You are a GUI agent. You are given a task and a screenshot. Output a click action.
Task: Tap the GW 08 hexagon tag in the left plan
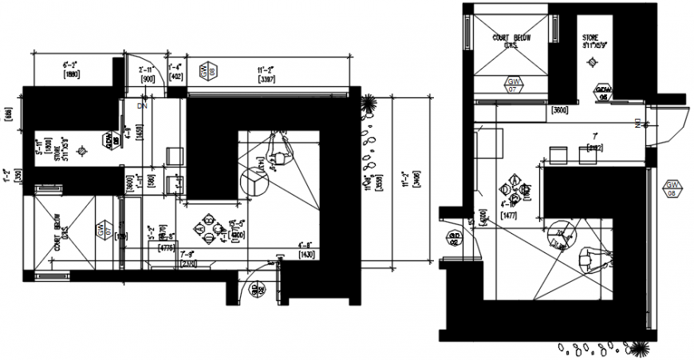(x=207, y=71)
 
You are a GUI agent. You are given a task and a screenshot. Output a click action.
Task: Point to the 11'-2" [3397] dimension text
(x=266, y=73)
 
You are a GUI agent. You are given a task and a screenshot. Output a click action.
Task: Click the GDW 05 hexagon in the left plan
(x=109, y=140)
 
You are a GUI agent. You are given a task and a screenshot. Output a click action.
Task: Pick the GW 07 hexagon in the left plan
(x=101, y=230)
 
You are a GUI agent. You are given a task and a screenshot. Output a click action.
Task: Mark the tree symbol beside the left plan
(x=369, y=103)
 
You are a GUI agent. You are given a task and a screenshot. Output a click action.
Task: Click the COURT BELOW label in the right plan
(x=511, y=40)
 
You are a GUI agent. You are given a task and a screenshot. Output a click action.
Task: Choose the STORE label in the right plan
(x=590, y=41)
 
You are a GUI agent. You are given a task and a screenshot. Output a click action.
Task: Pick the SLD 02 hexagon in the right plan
(x=454, y=239)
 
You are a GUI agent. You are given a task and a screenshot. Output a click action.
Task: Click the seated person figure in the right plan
(x=591, y=257)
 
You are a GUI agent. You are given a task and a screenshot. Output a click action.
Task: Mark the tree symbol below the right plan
(x=639, y=348)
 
